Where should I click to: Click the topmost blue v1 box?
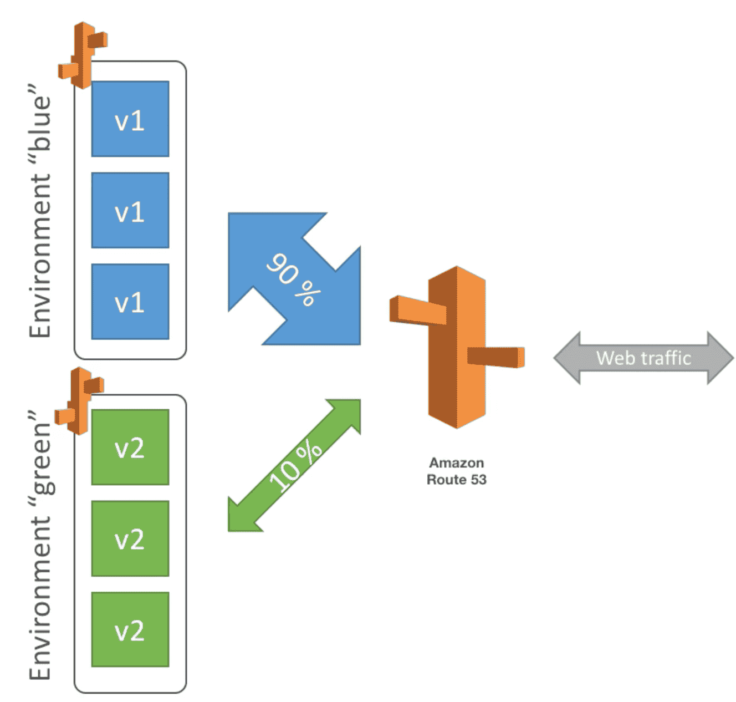(x=130, y=119)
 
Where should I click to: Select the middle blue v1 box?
(x=130, y=210)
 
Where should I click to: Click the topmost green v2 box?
(x=130, y=447)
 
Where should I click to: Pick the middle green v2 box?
(x=130, y=538)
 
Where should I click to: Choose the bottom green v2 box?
(x=130, y=629)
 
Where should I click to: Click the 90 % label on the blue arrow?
(x=293, y=279)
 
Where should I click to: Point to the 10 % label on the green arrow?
(x=295, y=466)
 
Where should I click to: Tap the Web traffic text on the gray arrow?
(x=643, y=358)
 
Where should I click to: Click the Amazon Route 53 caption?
(x=456, y=471)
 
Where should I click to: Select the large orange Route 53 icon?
(x=457, y=347)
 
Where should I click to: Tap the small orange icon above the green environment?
(x=80, y=400)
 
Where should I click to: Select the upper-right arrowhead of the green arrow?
(x=348, y=411)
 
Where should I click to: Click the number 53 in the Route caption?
(x=478, y=479)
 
